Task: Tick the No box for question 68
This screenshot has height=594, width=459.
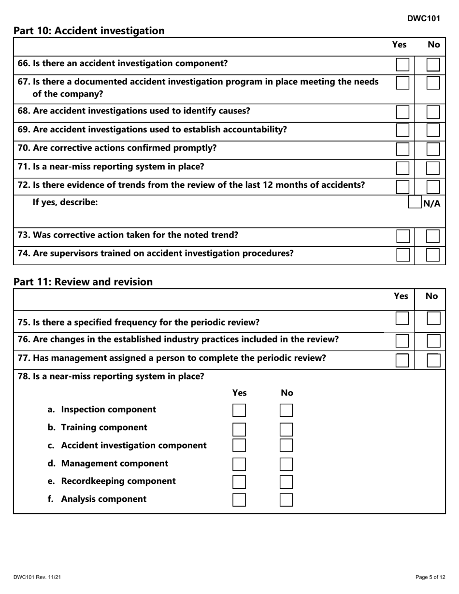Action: coord(433,112)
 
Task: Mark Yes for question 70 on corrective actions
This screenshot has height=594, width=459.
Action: coord(402,149)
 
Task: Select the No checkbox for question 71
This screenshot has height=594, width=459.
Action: coord(433,168)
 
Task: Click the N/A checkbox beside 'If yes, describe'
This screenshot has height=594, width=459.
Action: coord(415,203)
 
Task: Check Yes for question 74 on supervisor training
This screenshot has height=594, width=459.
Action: coord(402,255)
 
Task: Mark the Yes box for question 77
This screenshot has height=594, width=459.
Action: coord(402,360)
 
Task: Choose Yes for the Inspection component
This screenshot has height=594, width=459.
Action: coord(239,410)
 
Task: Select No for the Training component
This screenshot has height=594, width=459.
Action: coord(287,429)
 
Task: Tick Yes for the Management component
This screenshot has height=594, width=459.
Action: coord(239,465)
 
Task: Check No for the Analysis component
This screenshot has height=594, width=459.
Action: coord(287,500)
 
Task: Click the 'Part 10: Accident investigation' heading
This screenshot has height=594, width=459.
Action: coord(89,31)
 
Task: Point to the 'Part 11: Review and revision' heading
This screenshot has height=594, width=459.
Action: coord(83,282)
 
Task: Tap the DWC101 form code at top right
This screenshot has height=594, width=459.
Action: coord(423,18)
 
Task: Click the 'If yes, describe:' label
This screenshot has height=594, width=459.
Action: coord(65,202)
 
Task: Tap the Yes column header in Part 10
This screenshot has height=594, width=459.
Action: coord(399,45)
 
